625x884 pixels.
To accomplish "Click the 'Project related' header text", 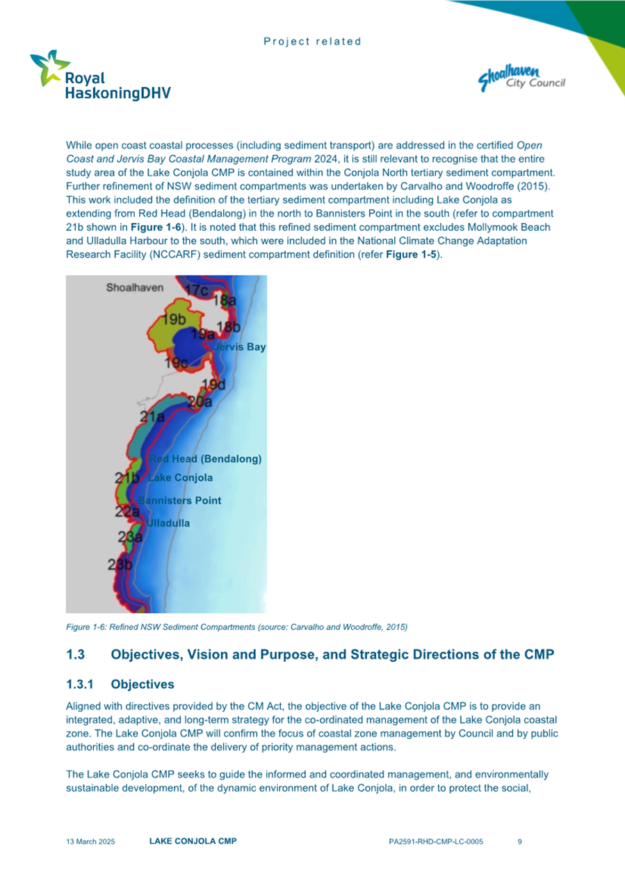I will point(312,42).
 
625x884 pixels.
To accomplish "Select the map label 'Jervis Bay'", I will point(240,347).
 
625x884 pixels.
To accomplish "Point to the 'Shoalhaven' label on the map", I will point(134,286).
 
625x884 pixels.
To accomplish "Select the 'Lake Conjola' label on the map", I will point(181,478).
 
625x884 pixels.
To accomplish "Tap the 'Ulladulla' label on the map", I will point(167,523).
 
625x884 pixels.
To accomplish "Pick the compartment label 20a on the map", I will point(200,401).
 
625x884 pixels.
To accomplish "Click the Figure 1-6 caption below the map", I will point(236,627).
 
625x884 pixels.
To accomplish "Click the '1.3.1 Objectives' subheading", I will point(120,685).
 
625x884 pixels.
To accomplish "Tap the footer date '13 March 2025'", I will point(90,842).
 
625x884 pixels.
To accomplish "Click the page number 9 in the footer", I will point(520,842).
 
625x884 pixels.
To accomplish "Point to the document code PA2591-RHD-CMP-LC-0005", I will point(436,842).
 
